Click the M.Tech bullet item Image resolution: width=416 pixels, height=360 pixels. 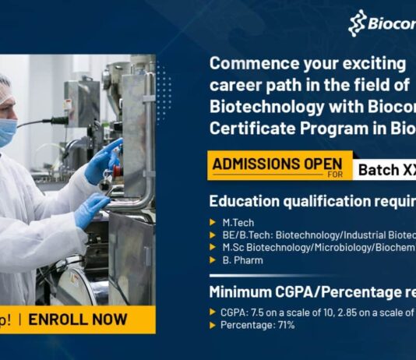(x=238, y=223)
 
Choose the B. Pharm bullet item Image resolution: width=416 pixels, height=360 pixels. (x=242, y=260)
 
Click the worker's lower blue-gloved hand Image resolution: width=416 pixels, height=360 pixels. (x=91, y=209)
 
